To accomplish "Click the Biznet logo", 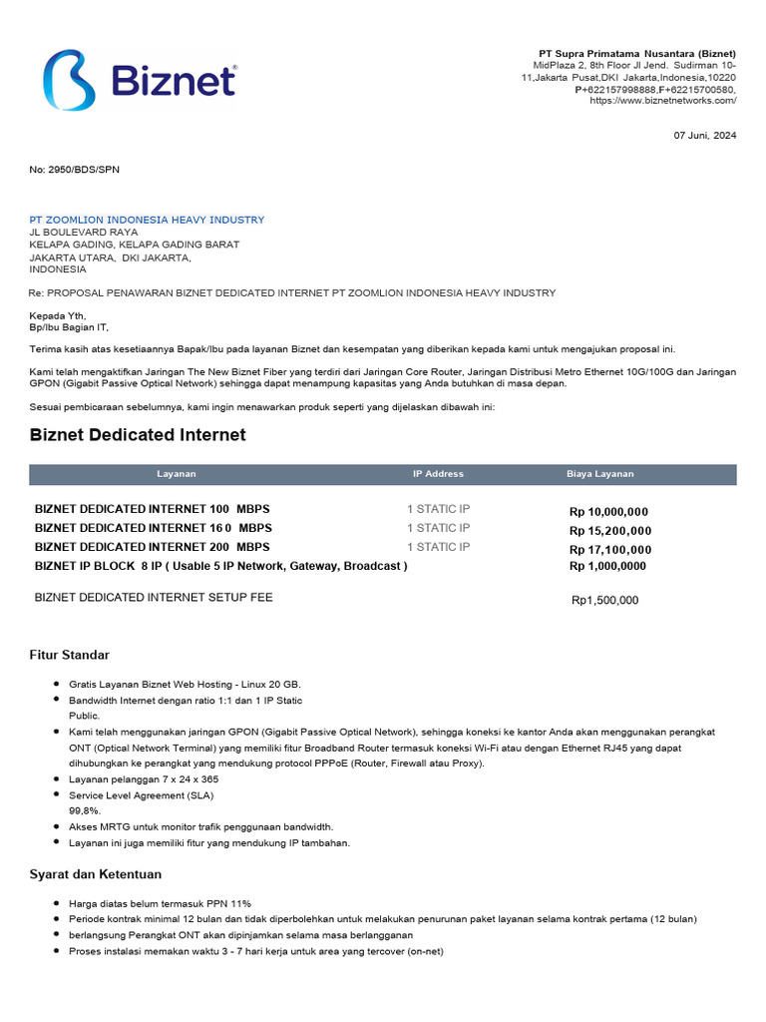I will (139, 79).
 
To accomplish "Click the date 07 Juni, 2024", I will (705, 136).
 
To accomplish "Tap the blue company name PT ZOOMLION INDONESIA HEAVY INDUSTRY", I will (147, 220).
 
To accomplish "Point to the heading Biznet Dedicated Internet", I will (138, 435).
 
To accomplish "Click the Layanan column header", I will (177, 474).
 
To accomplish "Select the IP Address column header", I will (438, 474).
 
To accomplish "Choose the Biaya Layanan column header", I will (599, 474).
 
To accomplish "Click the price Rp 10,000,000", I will (608, 512).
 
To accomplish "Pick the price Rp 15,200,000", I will (609, 531).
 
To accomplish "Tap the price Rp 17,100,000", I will (609, 550).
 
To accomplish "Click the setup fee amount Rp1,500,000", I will (604, 601).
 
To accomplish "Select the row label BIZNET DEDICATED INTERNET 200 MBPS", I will (152, 547).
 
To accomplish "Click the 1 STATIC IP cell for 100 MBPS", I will (438, 509).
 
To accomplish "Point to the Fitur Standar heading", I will (69, 655).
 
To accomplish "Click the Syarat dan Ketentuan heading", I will (95, 874).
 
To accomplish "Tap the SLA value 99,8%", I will (85, 811).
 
